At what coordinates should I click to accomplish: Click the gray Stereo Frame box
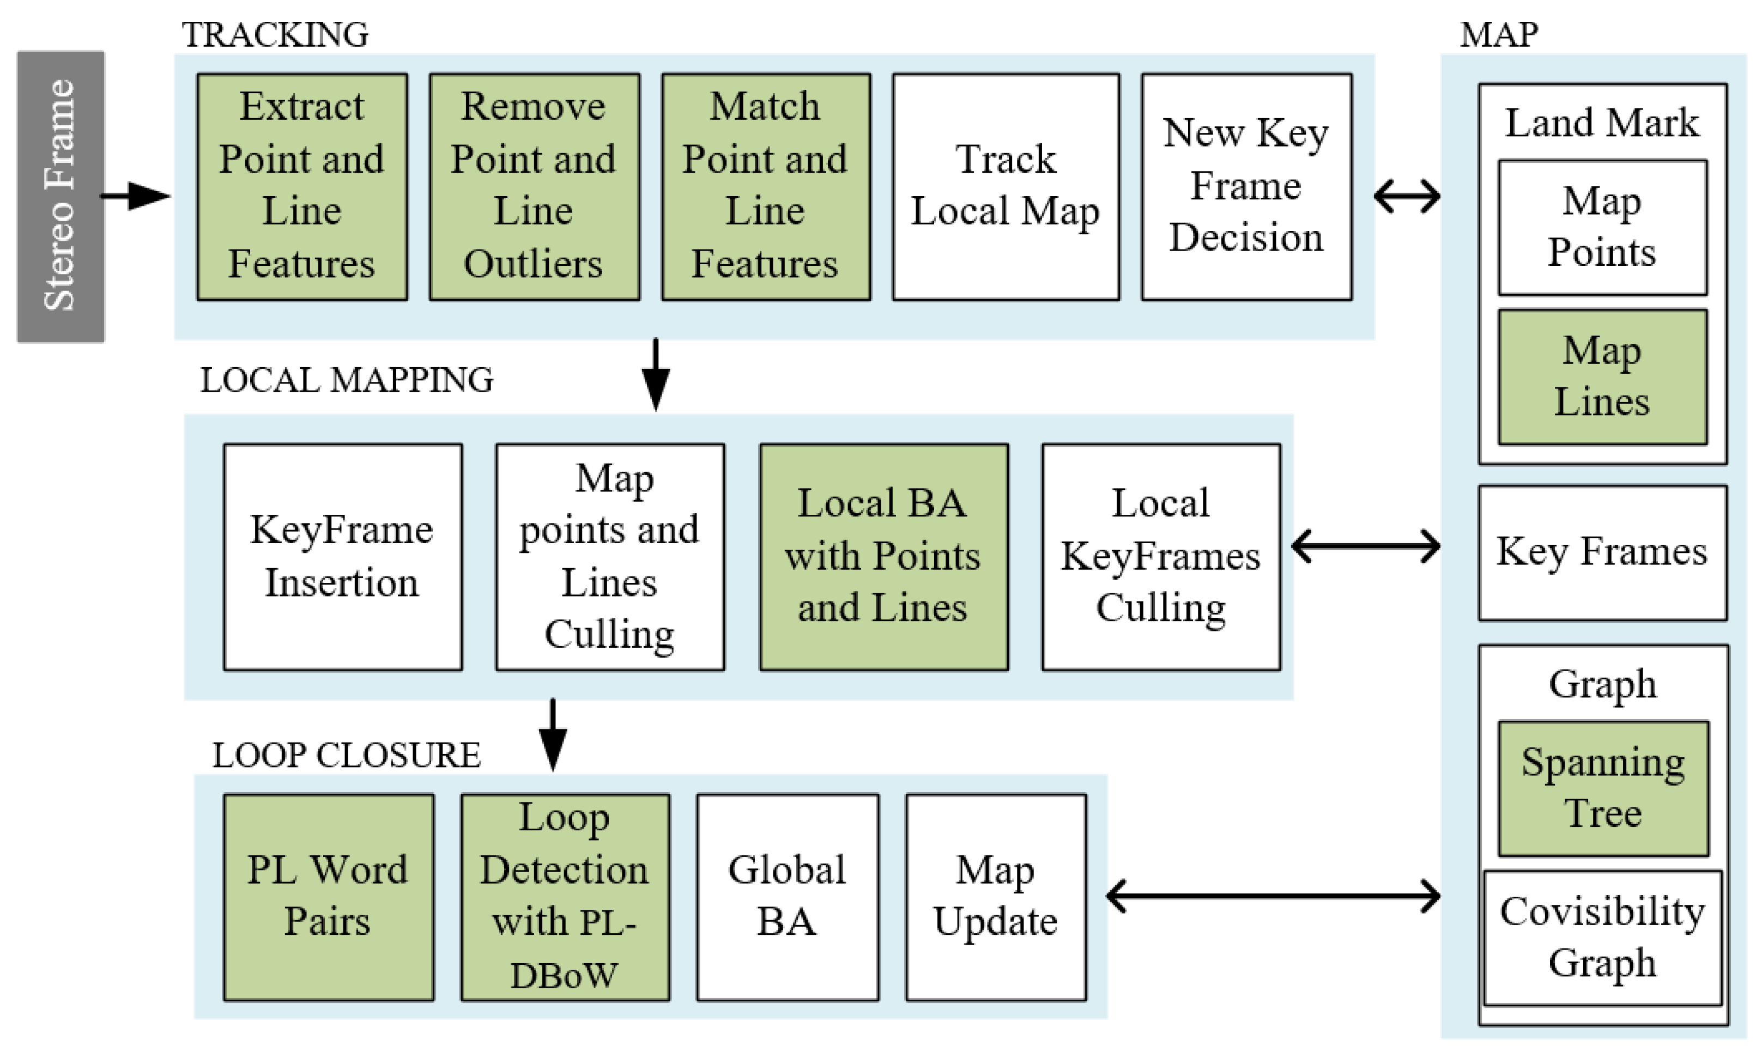click(x=60, y=196)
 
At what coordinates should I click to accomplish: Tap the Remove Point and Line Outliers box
click(x=534, y=186)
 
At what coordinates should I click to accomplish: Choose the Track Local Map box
click(x=1006, y=186)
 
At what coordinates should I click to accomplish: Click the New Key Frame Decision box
click(x=1246, y=186)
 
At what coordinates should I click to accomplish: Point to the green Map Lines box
click(x=1602, y=376)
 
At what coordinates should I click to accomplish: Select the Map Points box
click(x=1602, y=227)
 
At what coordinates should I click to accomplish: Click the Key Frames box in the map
click(x=1602, y=552)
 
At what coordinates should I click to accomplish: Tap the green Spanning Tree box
click(x=1602, y=788)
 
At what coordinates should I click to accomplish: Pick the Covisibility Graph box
click(x=1602, y=937)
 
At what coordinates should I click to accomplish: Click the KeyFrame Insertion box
click(x=342, y=557)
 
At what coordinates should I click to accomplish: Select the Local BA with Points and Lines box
click(x=883, y=557)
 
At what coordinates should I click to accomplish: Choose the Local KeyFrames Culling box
click(x=1160, y=557)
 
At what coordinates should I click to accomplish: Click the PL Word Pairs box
click(x=328, y=897)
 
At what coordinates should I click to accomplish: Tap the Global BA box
click(x=786, y=897)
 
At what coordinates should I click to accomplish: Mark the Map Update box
click(x=995, y=897)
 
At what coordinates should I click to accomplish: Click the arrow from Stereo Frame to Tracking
click(x=136, y=196)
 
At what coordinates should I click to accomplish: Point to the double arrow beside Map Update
click(x=1273, y=896)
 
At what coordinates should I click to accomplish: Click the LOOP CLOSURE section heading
click(x=347, y=756)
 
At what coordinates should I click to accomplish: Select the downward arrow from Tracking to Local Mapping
click(x=655, y=374)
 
